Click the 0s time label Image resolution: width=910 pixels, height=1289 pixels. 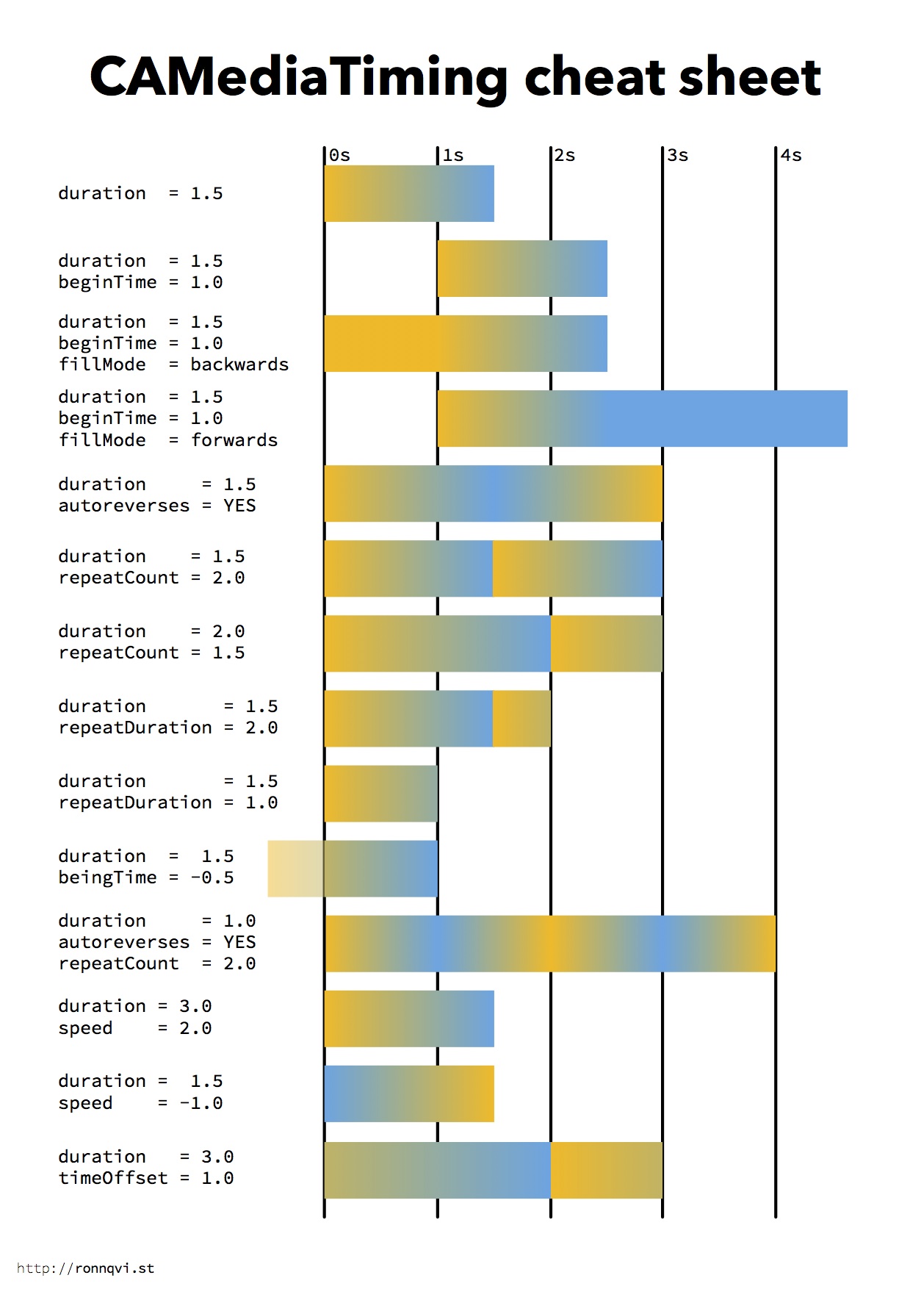(x=339, y=156)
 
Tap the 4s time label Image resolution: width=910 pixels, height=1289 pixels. (x=791, y=156)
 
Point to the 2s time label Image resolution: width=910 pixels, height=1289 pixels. (x=565, y=156)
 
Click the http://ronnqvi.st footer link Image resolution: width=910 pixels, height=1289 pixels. (x=85, y=1268)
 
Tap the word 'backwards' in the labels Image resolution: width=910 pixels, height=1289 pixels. (x=239, y=365)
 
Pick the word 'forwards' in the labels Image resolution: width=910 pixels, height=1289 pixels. (x=234, y=440)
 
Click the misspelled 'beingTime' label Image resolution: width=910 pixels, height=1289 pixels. (x=107, y=877)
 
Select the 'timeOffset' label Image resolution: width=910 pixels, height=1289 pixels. (x=113, y=1178)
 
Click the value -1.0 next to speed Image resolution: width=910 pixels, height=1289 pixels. (x=201, y=1103)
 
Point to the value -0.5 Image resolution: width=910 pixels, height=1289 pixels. (x=212, y=877)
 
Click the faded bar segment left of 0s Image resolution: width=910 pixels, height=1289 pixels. (x=296, y=869)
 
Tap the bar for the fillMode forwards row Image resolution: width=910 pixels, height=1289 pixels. (x=642, y=419)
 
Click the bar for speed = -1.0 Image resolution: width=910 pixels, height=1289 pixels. (x=409, y=1094)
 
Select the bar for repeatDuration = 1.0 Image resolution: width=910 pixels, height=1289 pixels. (x=381, y=794)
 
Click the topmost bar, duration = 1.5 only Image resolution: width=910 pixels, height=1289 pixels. (x=409, y=193)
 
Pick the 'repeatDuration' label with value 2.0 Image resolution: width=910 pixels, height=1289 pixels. (x=135, y=728)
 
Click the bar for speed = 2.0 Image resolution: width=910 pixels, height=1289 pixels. (x=409, y=1019)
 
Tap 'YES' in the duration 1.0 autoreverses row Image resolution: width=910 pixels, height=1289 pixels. (x=239, y=942)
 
